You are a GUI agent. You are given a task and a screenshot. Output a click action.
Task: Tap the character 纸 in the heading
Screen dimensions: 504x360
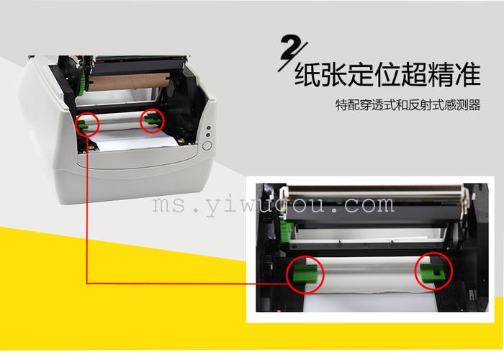[307, 75]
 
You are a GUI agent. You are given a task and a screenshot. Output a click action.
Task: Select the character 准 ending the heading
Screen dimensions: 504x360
[467, 75]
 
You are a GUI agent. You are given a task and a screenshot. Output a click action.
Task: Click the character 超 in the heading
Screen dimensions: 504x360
[414, 75]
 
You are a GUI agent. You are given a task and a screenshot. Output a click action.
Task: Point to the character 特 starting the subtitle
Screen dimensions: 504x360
[341, 105]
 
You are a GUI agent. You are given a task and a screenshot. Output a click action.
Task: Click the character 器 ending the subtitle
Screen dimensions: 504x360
[474, 105]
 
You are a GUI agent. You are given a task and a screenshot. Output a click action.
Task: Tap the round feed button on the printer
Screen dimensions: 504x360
[207, 145]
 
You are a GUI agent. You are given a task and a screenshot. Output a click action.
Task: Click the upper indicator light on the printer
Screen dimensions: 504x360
[208, 127]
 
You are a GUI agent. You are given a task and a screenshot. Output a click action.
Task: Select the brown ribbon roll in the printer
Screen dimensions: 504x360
[129, 82]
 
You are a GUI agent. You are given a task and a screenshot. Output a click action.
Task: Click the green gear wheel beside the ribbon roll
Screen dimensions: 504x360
[82, 83]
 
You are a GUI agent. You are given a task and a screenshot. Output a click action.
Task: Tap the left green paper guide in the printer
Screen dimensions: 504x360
[82, 125]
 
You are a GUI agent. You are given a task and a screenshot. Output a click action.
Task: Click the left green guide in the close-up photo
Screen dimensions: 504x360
[305, 274]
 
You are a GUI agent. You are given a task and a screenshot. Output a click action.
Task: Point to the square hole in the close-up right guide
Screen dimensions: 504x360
[437, 273]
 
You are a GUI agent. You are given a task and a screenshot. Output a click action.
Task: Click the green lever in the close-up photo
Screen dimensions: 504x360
[286, 231]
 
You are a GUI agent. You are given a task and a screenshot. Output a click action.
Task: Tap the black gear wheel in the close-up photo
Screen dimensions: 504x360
[267, 265]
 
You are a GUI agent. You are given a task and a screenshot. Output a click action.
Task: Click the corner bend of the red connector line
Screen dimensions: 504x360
[87, 284]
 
